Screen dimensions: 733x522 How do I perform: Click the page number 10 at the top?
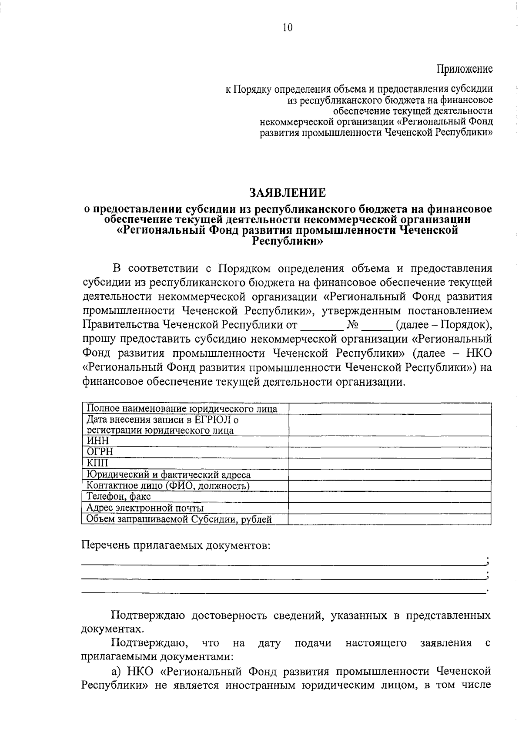click(288, 28)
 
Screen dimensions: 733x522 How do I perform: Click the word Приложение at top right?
click(465, 69)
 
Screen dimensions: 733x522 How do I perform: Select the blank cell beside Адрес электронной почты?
click(389, 508)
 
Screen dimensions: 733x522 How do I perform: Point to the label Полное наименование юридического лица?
click(182, 409)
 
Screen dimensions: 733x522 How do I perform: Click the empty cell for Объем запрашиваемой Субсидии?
click(389, 519)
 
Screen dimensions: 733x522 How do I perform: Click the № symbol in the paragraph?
click(352, 325)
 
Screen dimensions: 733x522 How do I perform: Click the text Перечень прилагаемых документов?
click(176, 546)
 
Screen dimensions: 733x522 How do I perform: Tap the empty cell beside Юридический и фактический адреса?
click(389, 474)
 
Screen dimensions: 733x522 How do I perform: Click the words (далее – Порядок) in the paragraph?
click(444, 325)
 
